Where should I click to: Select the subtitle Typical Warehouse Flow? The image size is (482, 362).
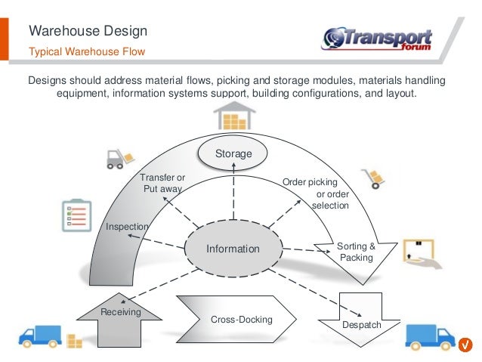pyautogui.click(x=86, y=51)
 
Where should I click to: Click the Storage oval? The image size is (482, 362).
pyautogui.click(x=233, y=154)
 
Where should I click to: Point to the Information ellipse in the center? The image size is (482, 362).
pyautogui.click(x=233, y=249)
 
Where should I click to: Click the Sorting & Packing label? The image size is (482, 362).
pyautogui.click(x=356, y=252)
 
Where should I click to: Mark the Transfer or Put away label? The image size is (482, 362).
pyautogui.click(x=162, y=184)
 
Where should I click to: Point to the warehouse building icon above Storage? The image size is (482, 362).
pyautogui.click(x=233, y=116)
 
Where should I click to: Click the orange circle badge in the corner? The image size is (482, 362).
pyautogui.click(x=466, y=345)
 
